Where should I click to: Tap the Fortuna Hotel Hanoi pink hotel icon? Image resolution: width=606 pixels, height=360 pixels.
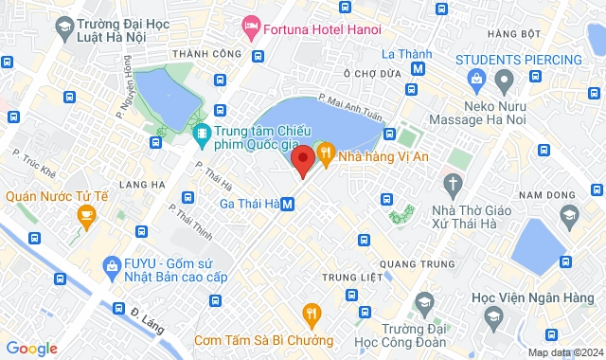(252, 27)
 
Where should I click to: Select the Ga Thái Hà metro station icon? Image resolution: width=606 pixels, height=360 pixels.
(288, 203)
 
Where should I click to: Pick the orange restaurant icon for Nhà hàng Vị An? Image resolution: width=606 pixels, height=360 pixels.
(324, 151)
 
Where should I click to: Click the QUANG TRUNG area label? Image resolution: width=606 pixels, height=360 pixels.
(411, 262)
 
